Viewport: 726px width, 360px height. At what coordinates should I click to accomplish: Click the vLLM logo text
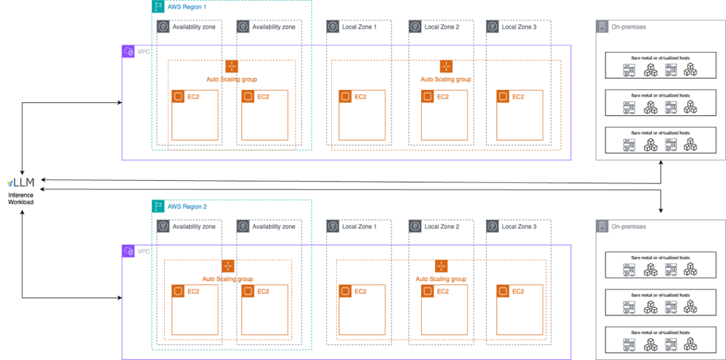click(21, 183)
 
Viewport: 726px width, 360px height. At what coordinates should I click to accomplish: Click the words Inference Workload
click(21, 199)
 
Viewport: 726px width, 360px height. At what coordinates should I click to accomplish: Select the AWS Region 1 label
click(187, 7)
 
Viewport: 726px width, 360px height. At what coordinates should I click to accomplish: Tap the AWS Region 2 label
click(187, 206)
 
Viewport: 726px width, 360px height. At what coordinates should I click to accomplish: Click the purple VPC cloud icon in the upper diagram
click(128, 52)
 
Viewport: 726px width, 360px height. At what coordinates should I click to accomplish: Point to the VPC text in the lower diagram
click(143, 252)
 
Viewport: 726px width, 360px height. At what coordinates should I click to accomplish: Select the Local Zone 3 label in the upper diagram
click(519, 27)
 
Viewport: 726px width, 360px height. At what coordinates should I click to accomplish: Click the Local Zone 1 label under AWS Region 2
click(359, 226)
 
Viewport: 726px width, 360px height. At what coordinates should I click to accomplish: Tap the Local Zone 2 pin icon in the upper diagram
click(415, 26)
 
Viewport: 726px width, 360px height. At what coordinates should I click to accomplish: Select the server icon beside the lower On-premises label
click(602, 226)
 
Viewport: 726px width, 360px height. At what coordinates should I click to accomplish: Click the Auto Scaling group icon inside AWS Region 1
click(232, 66)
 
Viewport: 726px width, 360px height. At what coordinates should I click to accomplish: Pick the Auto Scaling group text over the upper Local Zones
click(445, 79)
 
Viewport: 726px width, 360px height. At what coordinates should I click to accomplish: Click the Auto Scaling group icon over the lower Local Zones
click(441, 266)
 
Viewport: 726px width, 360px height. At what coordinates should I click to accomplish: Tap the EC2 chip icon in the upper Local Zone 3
click(503, 97)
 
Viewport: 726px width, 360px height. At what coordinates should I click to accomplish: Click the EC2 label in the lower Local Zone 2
click(443, 291)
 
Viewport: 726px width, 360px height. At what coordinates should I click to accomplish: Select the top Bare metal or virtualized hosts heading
click(660, 58)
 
